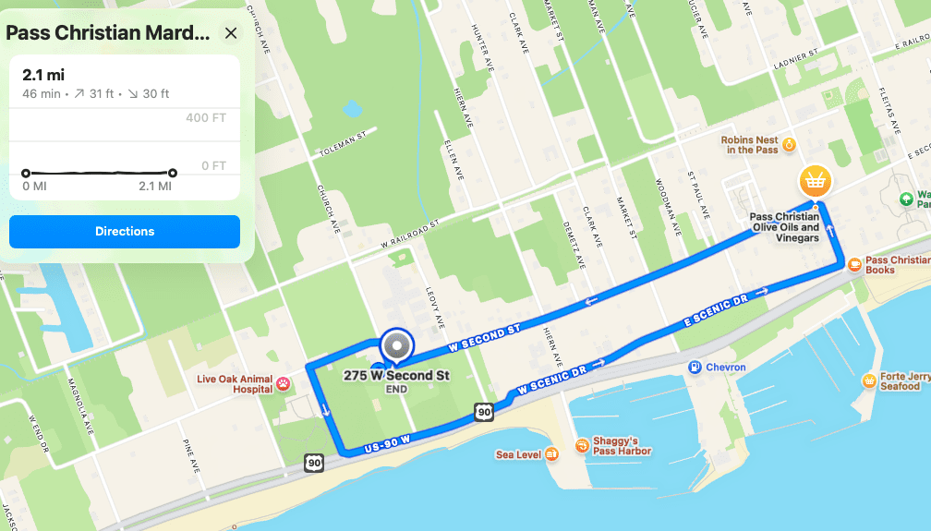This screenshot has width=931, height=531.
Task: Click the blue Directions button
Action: (x=125, y=232)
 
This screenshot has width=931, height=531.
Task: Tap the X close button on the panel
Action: (x=231, y=33)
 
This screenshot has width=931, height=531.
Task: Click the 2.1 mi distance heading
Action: (x=43, y=75)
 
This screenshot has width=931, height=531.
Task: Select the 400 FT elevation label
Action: (x=205, y=117)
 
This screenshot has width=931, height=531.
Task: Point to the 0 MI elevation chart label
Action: (x=34, y=187)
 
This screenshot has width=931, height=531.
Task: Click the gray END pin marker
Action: (x=397, y=346)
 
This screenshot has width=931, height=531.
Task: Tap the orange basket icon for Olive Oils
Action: (x=815, y=179)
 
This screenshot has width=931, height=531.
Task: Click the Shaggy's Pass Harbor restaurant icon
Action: (x=583, y=445)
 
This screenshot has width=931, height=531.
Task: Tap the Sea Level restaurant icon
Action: (x=551, y=454)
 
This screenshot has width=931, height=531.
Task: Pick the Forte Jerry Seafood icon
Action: (x=869, y=380)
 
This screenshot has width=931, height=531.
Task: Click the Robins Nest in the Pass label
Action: (x=752, y=144)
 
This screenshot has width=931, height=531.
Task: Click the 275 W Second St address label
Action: (x=396, y=376)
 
